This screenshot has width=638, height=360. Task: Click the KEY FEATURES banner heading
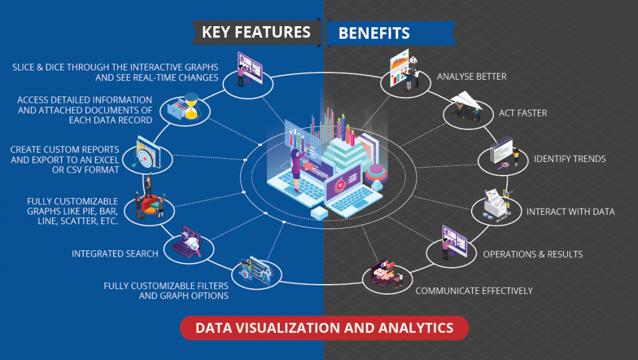coord(255,32)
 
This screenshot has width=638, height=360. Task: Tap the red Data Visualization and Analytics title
coord(324,327)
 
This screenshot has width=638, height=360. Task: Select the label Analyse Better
coord(472,77)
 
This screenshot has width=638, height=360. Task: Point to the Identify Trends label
coord(569,159)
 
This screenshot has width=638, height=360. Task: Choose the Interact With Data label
coord(570,212)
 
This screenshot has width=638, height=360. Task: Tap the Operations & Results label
coord(533,254)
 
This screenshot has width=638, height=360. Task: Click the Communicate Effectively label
coord(474,290)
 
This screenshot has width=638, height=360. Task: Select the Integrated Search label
coord(115,253)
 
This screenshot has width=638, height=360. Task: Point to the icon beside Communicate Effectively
coord(387,277)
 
